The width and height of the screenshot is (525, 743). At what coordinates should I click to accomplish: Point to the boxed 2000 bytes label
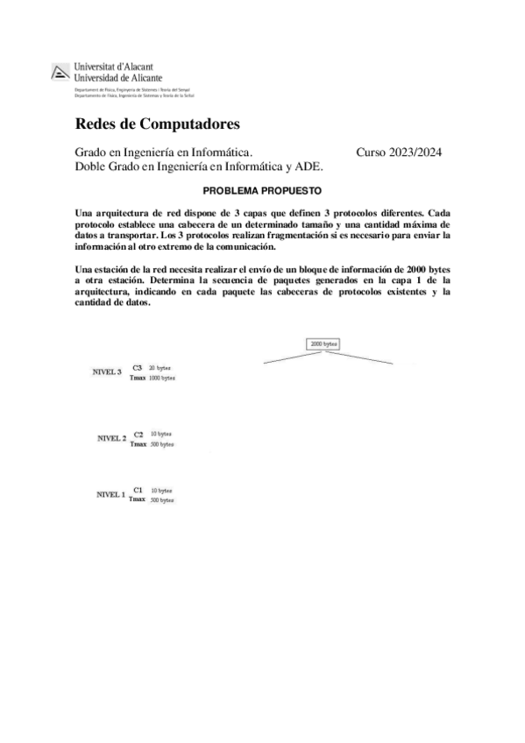(323, 344)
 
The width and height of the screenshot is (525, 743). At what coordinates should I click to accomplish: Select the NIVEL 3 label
(107, 371)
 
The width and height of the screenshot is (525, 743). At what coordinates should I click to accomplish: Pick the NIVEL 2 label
(111, 437)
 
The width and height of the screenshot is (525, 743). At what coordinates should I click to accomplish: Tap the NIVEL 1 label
(110, 495)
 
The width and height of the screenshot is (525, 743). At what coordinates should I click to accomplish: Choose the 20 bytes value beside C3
(160, 368)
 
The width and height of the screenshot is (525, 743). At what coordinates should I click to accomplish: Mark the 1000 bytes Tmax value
(161, 378)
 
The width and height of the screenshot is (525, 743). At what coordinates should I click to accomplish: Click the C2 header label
(138, 434)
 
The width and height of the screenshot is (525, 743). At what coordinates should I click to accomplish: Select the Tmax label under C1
(137, 499)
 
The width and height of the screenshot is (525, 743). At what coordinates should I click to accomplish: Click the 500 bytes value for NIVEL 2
(161, 444)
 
